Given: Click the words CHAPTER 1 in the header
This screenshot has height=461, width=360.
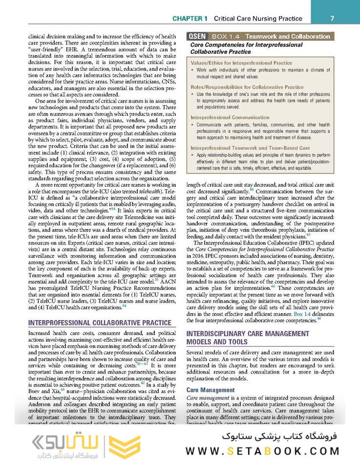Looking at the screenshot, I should pos(190,19).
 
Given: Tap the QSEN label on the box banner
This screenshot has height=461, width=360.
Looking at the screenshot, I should pos(197,36).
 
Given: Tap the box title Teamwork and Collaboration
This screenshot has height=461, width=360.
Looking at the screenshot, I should pos(287,36).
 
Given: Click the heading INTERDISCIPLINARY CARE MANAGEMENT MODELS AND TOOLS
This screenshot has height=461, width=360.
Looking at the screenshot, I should pos(247,337).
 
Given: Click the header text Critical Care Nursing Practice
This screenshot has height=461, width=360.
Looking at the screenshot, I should pos(258,19).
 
